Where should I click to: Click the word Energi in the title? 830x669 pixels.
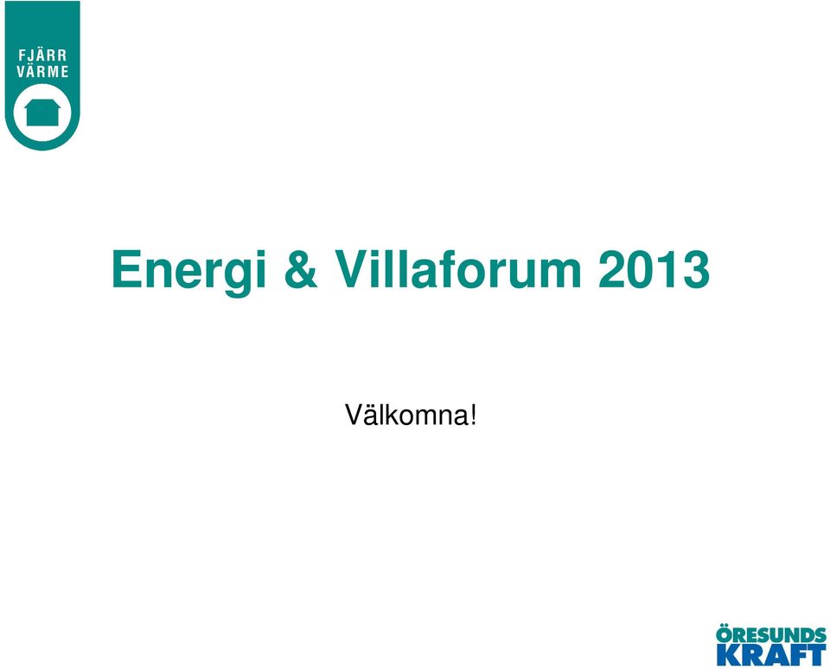[x=189, y=272]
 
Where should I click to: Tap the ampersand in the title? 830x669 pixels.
[x=301, y=270]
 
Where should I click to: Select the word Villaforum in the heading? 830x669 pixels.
[x=459, y=269]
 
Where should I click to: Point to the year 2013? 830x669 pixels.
[x=654, y=270]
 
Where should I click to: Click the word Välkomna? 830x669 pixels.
[x=406, y=415]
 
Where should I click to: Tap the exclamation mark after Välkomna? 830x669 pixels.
[x=473, y=415]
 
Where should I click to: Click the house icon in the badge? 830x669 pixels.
[x=42, y=113]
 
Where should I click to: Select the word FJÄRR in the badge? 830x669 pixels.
[x=43, y=55]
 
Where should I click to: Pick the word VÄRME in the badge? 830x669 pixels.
[x=43, y=72]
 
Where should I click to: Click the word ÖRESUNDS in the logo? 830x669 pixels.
[x=771, y=635]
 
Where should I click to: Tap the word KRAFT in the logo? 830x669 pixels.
[x=771, y=655]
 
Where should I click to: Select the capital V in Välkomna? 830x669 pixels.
[x=353, y=415]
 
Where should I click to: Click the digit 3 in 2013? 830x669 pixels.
[x=695, y=270]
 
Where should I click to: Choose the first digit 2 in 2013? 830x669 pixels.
[x=612, y=270]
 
